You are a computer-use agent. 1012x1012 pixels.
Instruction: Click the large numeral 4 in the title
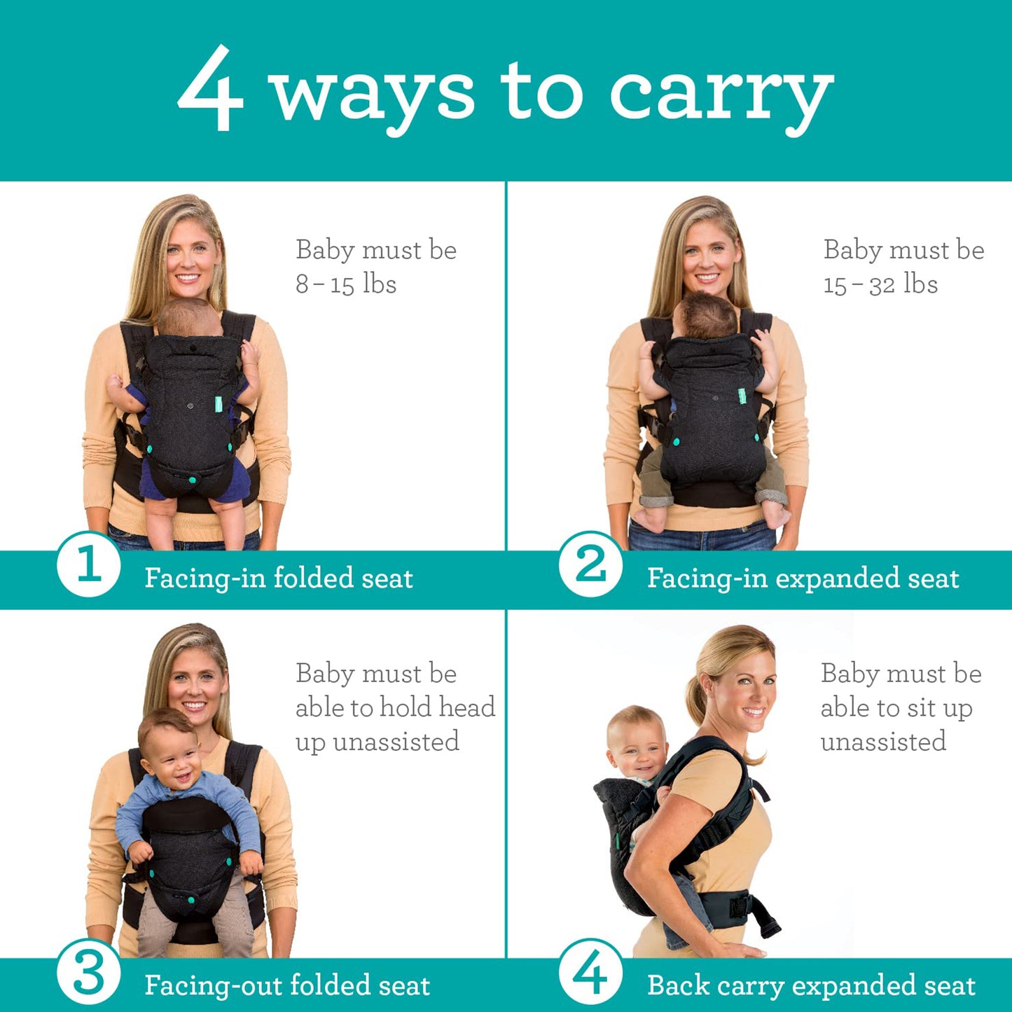[x=211, y=89]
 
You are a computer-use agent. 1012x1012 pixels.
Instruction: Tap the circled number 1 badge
[x=88, y=564]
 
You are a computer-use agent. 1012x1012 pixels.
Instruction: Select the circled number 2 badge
[x=590, y=564]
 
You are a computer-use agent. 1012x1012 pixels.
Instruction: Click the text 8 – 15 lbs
[x=346, y=284]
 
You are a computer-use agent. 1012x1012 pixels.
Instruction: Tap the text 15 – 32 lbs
[x=880, y=284]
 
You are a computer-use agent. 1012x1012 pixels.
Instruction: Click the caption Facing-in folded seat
[x=278, y=578]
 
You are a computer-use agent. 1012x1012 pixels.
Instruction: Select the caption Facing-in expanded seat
[x=803, y=578]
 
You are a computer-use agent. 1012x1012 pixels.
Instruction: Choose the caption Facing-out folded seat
[x=287, y=985]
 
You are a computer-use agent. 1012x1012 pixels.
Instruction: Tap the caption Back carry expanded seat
[x=811, y=985]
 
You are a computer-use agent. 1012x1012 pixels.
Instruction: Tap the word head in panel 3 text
[x=466, y=707]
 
